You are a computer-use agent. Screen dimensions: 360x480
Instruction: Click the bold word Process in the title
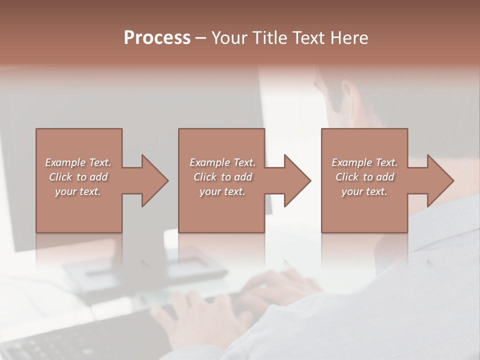tap(157, 38)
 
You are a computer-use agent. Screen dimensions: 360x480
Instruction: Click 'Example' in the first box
tap(65, 162)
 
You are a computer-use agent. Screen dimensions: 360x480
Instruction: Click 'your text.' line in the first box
tap(78, 191)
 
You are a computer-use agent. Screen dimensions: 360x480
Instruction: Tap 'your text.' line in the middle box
tap(222, 191)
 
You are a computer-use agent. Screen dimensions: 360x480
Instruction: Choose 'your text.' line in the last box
tap(364, 191)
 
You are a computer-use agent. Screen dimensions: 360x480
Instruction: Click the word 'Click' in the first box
tap(60, 177)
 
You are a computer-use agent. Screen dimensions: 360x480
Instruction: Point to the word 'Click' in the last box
tap(347, 177)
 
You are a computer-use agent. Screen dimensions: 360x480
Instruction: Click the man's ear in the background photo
tap(347, 95)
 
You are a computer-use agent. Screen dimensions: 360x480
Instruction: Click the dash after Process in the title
tap(201, 38)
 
